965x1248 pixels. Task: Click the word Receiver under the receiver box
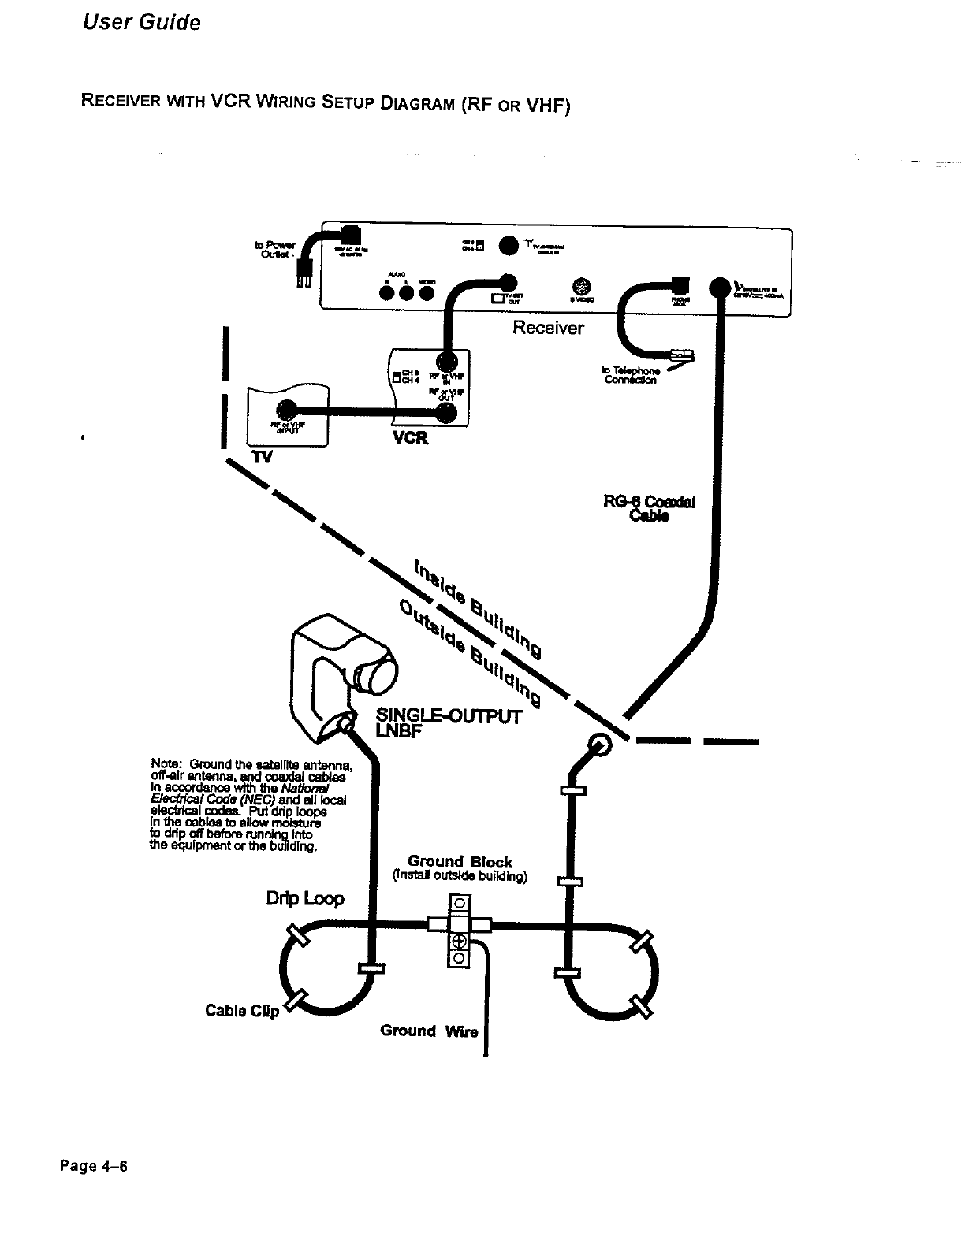548,328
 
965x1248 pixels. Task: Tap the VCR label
410,439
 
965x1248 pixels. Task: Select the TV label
260,457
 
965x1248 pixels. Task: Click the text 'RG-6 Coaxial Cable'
650,509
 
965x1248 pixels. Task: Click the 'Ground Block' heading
460,861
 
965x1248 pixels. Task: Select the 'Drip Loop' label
305,899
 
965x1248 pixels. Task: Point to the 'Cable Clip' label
242,1011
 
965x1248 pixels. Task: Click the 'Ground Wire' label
429,1031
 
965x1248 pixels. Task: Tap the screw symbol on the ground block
459,942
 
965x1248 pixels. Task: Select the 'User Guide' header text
142,23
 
